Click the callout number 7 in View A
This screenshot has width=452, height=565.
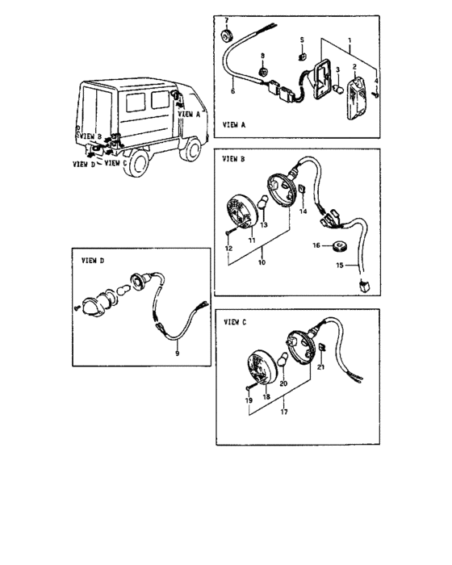coord(226,20)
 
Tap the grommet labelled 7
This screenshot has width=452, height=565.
coord(227,36)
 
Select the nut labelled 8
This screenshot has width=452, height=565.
coord(263,71)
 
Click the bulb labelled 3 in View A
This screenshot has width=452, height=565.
coord(338,89)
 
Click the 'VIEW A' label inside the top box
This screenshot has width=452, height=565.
coord(234,125)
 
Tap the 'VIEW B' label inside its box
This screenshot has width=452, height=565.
coord(233,159)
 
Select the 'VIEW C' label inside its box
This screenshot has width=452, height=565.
coord(235,322)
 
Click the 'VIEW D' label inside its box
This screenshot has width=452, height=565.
coord(93,260)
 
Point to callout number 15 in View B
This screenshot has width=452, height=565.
coord(340,266)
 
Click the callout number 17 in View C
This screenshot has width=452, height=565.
coord(284,412)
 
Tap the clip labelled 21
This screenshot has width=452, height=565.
coord(321,347)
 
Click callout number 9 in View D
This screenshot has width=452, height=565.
coord(177,354)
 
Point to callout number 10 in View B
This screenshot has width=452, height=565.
coord(262,262)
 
